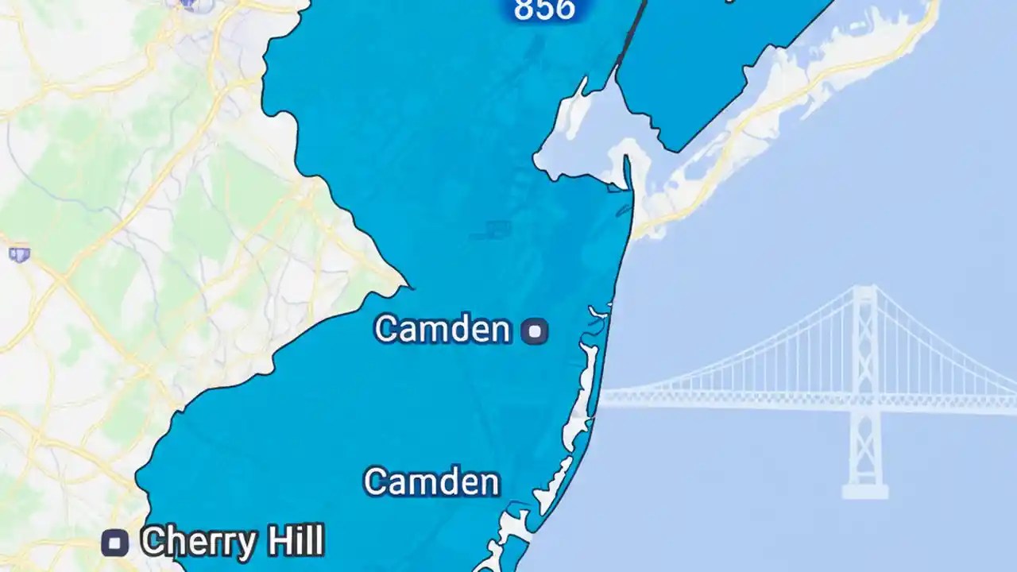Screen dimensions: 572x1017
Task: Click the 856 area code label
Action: (x=544, y=10)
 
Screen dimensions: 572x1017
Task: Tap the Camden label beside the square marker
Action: (x=443, y=330)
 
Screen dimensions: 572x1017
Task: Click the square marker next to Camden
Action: (x=536, y=331)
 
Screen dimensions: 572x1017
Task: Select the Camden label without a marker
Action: (x=431, y=482)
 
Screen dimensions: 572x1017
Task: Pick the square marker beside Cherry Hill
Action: (x=115, y=544)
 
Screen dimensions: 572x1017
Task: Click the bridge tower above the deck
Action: (x=864, y=334)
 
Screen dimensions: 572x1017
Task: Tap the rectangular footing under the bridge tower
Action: (x=864, y=492)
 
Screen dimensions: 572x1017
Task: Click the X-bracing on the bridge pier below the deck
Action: (x=864, y=445)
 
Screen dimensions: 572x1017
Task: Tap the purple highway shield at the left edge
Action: (x=19, y=254)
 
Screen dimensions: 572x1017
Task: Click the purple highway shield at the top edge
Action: (x=188, y=3)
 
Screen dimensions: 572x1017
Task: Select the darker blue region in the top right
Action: (x=715, y=64)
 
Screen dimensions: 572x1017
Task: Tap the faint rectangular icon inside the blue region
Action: (x=498, y=230)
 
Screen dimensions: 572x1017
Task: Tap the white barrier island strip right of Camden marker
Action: (x=587, y=381)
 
